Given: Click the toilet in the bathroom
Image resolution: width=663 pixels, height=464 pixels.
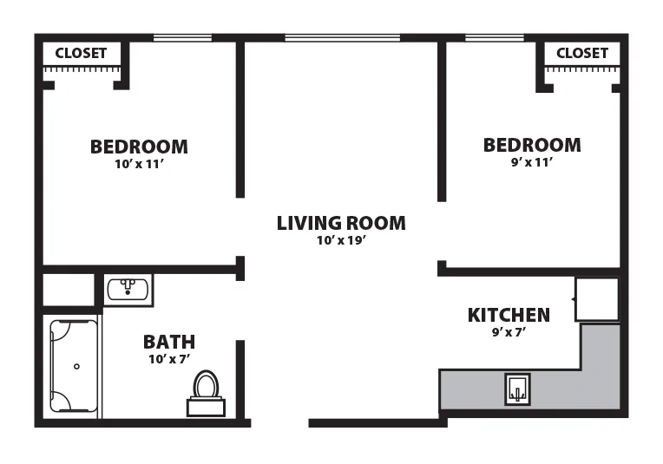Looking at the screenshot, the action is pos(206,393).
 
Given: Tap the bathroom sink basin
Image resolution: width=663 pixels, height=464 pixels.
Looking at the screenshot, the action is pos(128,290).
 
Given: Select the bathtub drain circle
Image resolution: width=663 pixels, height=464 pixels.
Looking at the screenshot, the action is pos(76,366).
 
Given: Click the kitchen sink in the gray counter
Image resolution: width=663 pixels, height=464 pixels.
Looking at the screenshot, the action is pos(517,389).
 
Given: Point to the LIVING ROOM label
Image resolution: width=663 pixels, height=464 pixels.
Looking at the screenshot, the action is pos(341,223).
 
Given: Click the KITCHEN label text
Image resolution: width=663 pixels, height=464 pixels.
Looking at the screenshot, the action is pos(509,315).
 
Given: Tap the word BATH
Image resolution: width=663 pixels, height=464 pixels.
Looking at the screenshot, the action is pos(169,342).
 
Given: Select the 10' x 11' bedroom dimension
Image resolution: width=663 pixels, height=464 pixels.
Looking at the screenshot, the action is pos(139,164).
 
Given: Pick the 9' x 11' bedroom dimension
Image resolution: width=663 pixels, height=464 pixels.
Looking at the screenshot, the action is pos(532,162).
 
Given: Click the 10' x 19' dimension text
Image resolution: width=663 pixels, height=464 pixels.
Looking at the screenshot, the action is pos(341,240).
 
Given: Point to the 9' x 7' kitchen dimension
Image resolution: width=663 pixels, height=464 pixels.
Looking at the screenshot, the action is pos(509,332).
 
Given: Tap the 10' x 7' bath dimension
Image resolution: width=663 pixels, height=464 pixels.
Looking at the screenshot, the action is pos(169,359).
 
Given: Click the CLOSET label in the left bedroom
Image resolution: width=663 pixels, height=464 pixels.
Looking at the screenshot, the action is pos(81,53).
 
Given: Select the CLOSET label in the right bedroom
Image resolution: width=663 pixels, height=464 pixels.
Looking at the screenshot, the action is pos(582,53).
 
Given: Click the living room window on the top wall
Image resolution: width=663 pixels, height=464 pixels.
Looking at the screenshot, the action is pos(343,38).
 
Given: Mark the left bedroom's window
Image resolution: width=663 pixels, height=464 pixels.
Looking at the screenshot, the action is pos(182,38).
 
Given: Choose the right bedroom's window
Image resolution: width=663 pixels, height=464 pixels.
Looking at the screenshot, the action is pos(495,38).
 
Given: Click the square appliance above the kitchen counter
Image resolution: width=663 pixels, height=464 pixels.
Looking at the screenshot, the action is pos(597,299).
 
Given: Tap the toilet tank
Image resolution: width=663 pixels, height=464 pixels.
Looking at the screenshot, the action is pos(206,408).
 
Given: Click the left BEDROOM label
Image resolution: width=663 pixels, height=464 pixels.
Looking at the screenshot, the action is pos(139,147).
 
